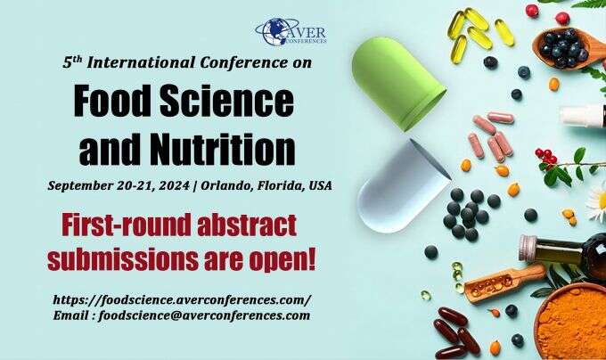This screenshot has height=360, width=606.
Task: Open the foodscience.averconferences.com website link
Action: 182,299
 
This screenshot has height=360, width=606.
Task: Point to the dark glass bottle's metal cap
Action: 529,247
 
